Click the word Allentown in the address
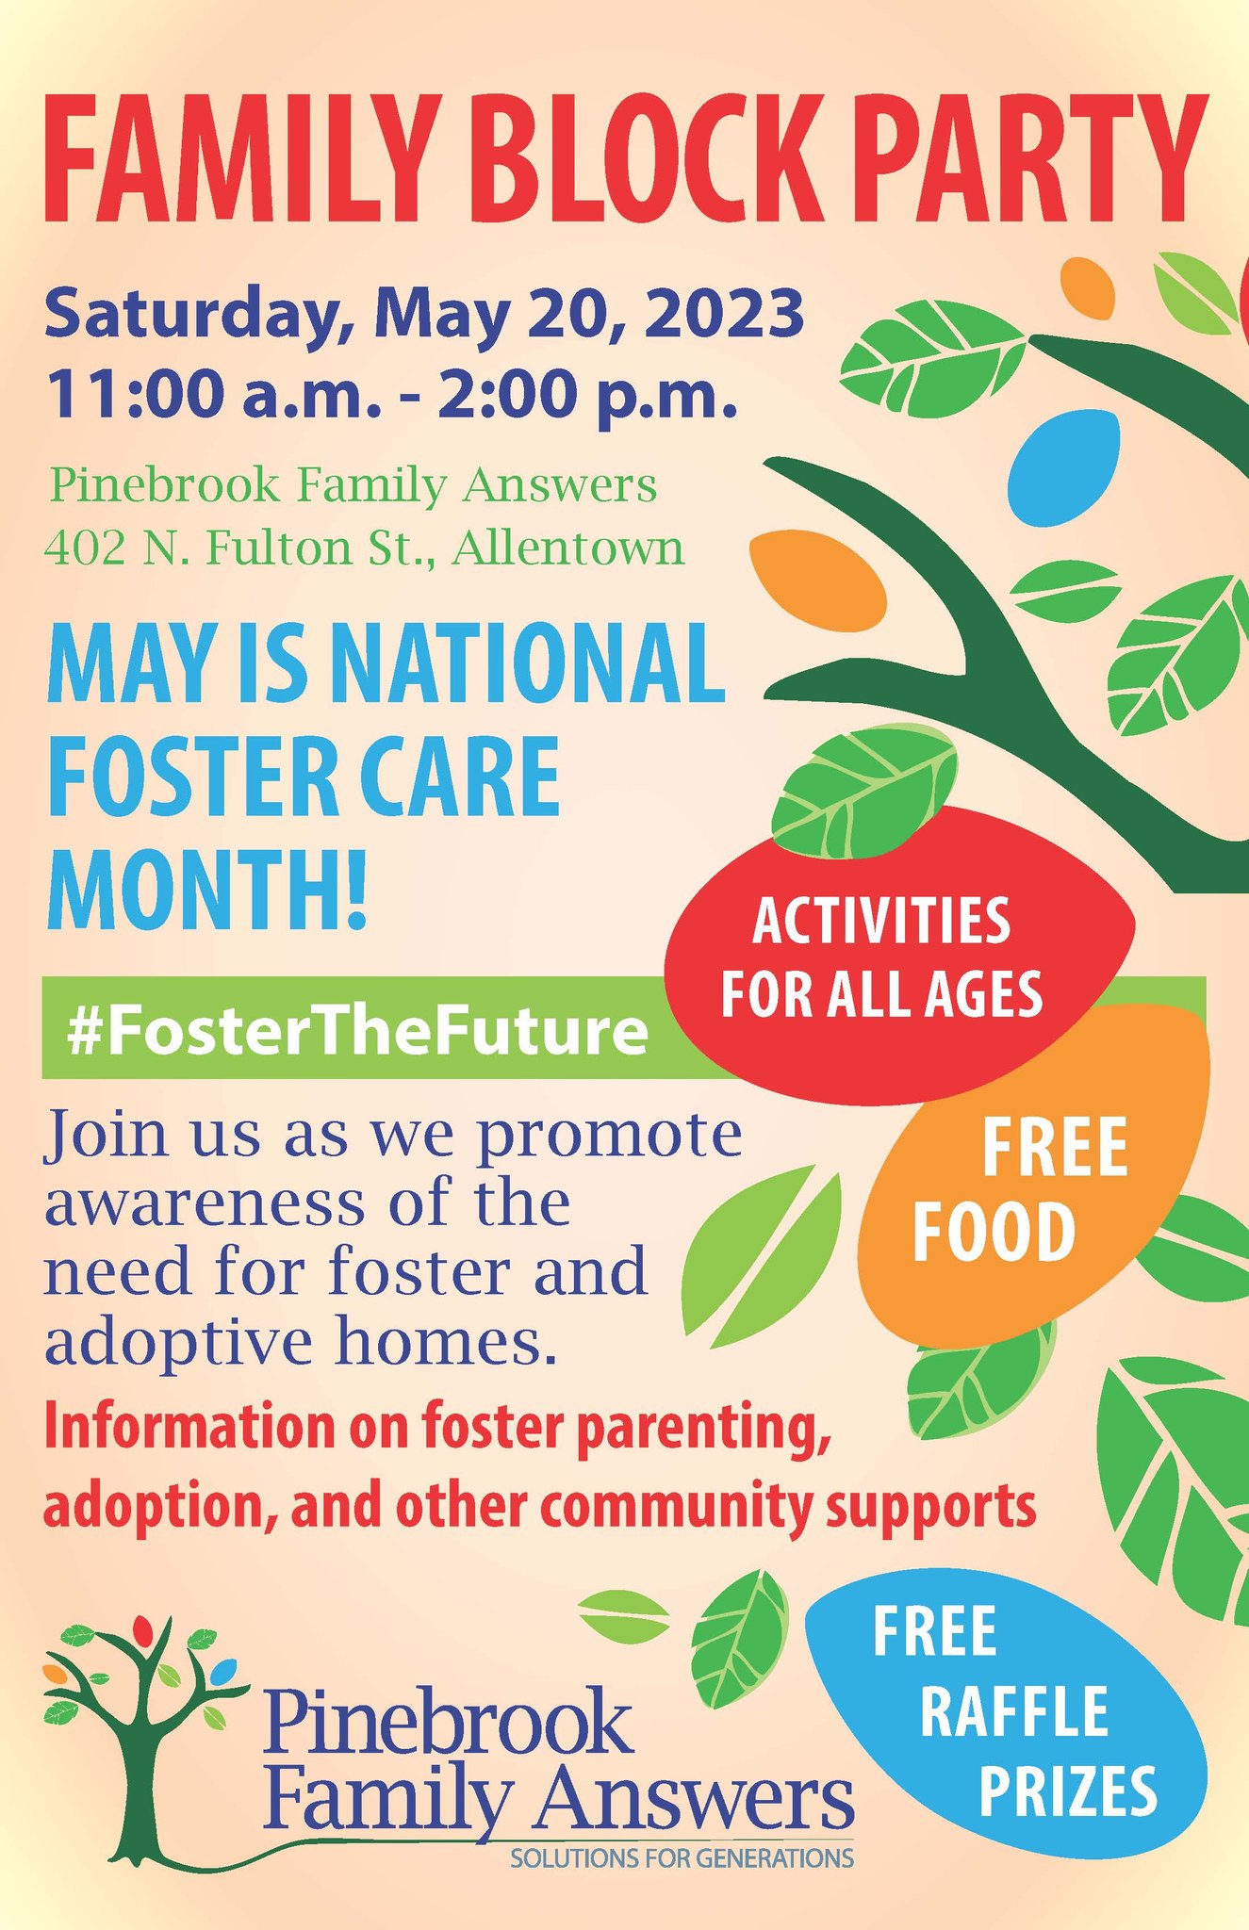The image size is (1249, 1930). click(x=567, y=547)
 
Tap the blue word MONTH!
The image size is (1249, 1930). click(x=206, y=888)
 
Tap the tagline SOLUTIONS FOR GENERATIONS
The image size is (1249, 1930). click(x=682, y=1859)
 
